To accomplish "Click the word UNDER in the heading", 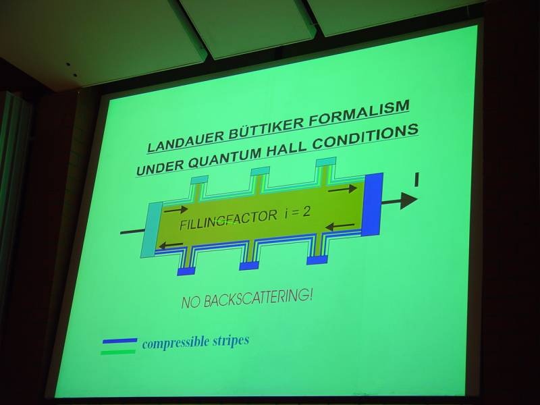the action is click(x=160, y=167).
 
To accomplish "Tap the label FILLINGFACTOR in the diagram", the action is click(x=228, y=221).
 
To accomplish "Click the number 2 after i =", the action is click(x=306, y=211).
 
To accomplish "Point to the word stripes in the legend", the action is click(x=230, y=341).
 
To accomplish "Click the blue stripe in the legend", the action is click(x=120, y=341).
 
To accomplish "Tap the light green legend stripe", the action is click(x=119, y=352).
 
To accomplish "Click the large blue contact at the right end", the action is click(x=372, y=205).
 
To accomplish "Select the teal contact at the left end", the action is click(x=151, y=230).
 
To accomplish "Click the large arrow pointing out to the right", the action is click(x=400, y=200).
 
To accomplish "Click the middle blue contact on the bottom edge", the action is click(x=249, y=265).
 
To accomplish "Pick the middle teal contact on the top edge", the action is click(x=261, y=171).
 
